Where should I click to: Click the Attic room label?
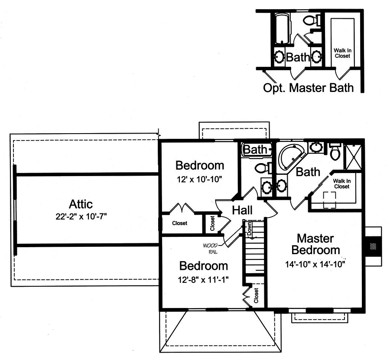click(x=81, y=204)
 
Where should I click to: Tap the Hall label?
click(x=242, y=210)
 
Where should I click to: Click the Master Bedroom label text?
click(x=315, y=244)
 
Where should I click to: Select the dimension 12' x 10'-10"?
click(x=199, y=179)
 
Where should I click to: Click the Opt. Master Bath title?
click(x=308, y=88)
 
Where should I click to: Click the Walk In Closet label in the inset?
click(x=342, y=53)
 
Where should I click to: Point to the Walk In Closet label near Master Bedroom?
click(x=341, y=183)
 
